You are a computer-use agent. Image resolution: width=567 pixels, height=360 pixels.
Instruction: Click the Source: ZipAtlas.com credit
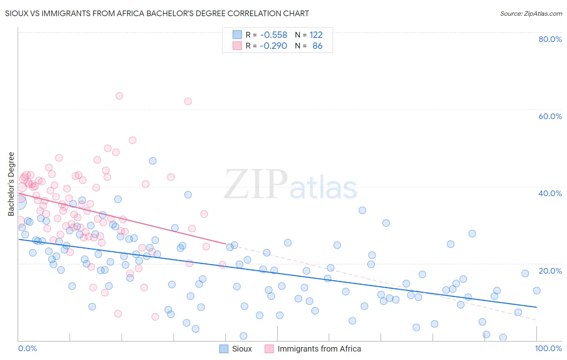click(531, 13)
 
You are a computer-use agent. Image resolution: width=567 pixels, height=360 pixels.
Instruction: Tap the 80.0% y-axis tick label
click(550, 39)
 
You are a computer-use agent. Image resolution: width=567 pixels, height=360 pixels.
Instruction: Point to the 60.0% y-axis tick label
click(550, 116)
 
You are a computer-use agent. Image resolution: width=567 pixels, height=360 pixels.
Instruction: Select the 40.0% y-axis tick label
click(550, 193)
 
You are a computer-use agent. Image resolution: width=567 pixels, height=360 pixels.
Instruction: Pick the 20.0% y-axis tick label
click(550, 271)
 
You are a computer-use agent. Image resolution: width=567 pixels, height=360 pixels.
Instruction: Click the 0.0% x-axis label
click(27, 348)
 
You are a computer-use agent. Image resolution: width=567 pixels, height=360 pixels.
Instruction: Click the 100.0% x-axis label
click(548, 348)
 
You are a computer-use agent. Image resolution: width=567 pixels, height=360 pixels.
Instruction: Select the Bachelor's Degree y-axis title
click(11, 184)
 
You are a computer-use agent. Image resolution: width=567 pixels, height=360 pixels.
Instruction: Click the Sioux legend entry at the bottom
click(236, 349)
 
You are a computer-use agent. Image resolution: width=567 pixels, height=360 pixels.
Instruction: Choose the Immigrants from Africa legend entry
click(313, 349)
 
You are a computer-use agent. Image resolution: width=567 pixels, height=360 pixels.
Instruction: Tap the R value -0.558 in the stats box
click(273, 35)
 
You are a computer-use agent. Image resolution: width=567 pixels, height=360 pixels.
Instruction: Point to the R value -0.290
click(273, 46)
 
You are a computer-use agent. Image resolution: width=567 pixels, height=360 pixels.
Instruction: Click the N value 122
click(316, 35)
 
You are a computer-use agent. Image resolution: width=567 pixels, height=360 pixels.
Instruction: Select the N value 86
click(317, 46)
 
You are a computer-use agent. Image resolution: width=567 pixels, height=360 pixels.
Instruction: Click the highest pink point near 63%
click(119, 96)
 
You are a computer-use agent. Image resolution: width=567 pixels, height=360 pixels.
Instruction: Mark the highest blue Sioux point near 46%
click(152, 161)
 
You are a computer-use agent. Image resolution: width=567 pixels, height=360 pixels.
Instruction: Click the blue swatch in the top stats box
click(237, 35)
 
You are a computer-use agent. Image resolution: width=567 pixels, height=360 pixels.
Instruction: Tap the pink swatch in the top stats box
click(237, 46)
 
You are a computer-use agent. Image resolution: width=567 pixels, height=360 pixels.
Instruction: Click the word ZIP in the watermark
click(255, 184)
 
